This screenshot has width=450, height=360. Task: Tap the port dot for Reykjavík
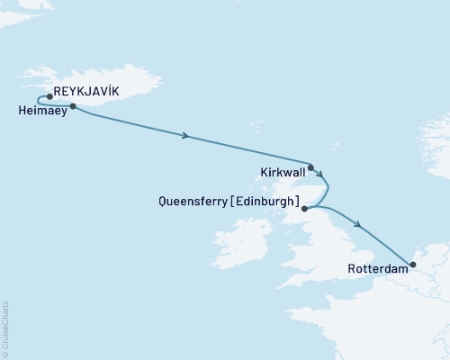click(x=49, y=96)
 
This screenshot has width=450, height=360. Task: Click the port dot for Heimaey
click(x=72, y=106)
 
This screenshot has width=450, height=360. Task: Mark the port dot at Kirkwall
click(x=310, y=167)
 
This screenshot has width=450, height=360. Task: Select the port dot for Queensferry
click(x=305, y=209)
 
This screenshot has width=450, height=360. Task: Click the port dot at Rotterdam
click(x=411, y=265)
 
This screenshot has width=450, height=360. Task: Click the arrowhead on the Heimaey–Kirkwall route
click(x=185, y=136)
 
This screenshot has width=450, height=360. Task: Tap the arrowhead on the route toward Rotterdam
click(x=359, y=225)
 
